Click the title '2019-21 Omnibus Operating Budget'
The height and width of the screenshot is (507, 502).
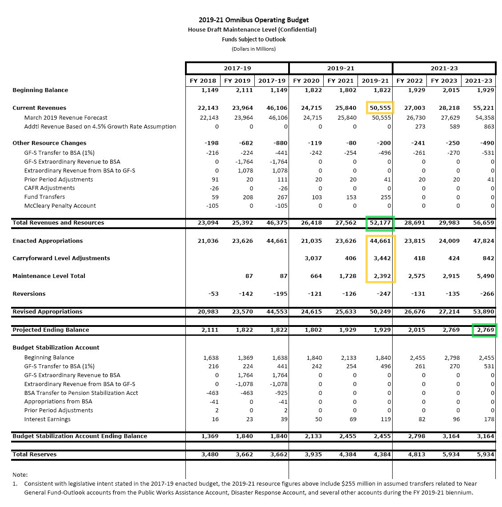coord(253,20)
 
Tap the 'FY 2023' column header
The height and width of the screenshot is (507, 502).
coord(444,80)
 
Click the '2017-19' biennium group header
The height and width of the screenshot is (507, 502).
coord(237,68)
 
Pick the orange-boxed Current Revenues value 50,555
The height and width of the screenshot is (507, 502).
coord(380,108)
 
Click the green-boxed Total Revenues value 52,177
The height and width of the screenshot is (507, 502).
coord(380,223)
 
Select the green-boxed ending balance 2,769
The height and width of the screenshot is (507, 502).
coord(485,330)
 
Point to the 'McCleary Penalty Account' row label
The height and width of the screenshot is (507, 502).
coord(60,206)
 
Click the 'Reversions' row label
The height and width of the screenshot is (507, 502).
coord(29,294)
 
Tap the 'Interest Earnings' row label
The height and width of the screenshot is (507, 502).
coord(47,419)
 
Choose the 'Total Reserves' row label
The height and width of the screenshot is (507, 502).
coord(35,455)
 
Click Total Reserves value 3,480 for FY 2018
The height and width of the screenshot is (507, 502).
coord(210,455)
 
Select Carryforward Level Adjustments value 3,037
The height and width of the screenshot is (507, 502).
coord(313,258)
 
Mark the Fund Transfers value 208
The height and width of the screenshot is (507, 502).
coord(248,197)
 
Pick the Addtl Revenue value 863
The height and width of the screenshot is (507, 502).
coord(489,127)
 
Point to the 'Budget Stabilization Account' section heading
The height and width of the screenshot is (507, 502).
coord(56,348)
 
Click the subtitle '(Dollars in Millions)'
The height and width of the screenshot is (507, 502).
coord(253,49)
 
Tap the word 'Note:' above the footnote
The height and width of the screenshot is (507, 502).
coord(20,475)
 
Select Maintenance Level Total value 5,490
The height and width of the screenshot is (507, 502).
coord(485,276)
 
